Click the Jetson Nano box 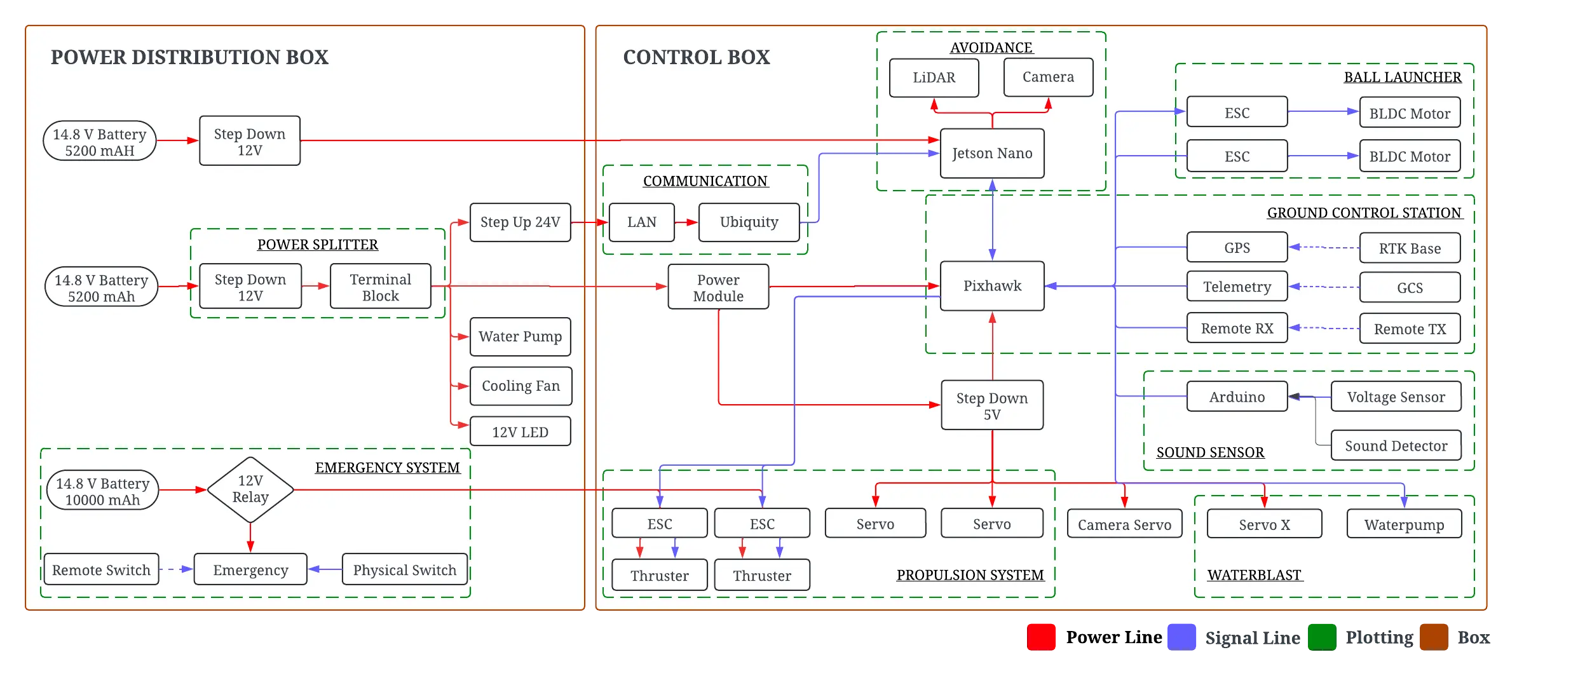tap(991, 153)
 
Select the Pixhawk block tap(991, 286)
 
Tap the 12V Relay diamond tap(250, 489)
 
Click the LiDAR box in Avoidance tap(934, 78)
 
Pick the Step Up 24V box tap(520, 222)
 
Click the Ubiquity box tap(749, 222)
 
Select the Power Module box tap(718, 287)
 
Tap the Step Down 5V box tap(991, 405)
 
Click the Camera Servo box tap(1124, 524)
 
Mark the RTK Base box tap(1410, 248)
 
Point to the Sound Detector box tap(1396, 445)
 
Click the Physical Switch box tap(404, 569)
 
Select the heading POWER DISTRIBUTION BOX tap(189, 57)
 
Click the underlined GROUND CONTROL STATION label tap(1364, 213)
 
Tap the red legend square tap(1042, 636)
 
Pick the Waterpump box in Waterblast tap(1404, 524)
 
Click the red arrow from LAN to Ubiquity tap(686, 222)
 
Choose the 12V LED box tap(520, 432)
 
